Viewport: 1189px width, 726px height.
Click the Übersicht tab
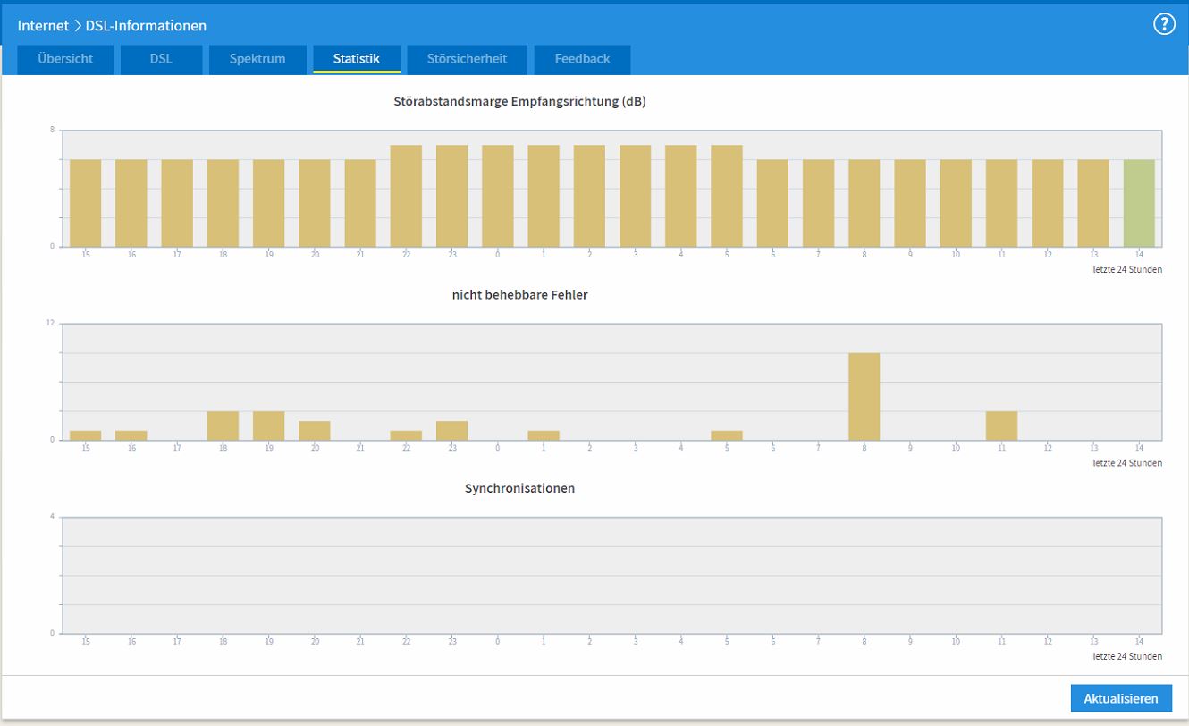click(x=65, y=59)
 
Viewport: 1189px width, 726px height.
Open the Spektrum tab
click(x=257, y=59)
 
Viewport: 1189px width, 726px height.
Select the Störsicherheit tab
click(x=467, y=59)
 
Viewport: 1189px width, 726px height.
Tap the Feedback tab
click(x=582, y=59)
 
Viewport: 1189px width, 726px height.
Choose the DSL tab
click(x=161, y=59)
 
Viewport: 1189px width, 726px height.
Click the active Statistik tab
click(x=356, y=59)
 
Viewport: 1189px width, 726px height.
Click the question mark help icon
click(x=1164, y=24)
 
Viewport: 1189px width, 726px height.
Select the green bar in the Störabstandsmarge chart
click(x=1139, y=203)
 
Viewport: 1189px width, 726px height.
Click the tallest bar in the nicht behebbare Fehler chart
click(x=864, y=396)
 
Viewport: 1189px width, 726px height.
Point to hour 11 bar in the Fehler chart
click(x=1001, y=426)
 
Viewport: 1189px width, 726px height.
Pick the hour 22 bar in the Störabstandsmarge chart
click(x=406, y=196)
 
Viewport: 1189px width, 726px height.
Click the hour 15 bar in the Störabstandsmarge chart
click(x=86, y=203)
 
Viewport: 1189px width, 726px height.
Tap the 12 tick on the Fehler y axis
click(x=50, y=323)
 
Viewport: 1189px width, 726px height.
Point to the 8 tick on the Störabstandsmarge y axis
click(x=52, y=130)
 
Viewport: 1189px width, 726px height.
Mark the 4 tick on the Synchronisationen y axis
click(x=52, y=517)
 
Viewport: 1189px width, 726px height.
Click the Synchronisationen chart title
click(x=519, y=488)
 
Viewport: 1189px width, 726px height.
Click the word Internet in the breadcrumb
click(x=43, y=25)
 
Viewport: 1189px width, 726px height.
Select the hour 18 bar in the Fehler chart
click(x=223, y=426)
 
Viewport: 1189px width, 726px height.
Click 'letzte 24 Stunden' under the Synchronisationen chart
click(x=1127, y=656)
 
